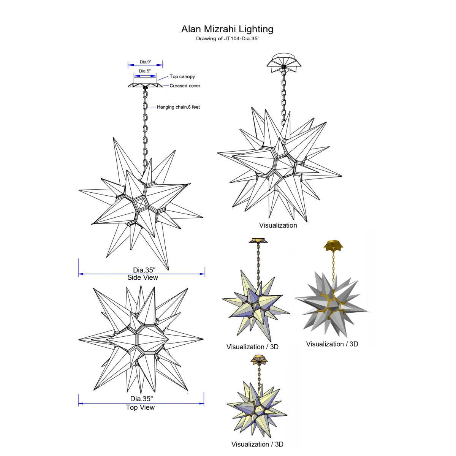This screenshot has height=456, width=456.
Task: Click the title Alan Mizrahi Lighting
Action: click(227, 29)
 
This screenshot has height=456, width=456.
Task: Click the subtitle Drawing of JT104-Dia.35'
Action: click(227, 39)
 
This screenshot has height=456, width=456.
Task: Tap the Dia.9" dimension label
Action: click(145, 62)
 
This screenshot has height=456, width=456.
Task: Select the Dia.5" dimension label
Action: click(144, 71)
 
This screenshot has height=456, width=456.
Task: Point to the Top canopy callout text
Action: click(182, 77)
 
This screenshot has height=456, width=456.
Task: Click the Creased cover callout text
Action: click(185, 85)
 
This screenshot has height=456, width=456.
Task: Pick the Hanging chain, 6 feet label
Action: click(178, 107)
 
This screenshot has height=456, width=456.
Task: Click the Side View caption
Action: click(142, 277)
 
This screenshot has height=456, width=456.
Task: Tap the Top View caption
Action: click(140, 407)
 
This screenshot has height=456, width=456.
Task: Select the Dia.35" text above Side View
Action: click(144, 270)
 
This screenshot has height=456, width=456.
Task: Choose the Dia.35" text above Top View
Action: click(141, 399)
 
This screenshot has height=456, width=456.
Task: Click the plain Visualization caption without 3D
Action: click(278, 225)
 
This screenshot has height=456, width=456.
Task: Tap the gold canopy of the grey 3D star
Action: click(333, 245)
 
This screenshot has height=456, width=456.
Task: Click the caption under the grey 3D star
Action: click(332, 344)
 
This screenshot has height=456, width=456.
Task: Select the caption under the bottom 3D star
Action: click(257, 444)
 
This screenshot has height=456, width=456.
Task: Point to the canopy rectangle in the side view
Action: click(145, 81)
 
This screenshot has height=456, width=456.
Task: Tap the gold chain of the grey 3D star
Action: click(333, 266)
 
